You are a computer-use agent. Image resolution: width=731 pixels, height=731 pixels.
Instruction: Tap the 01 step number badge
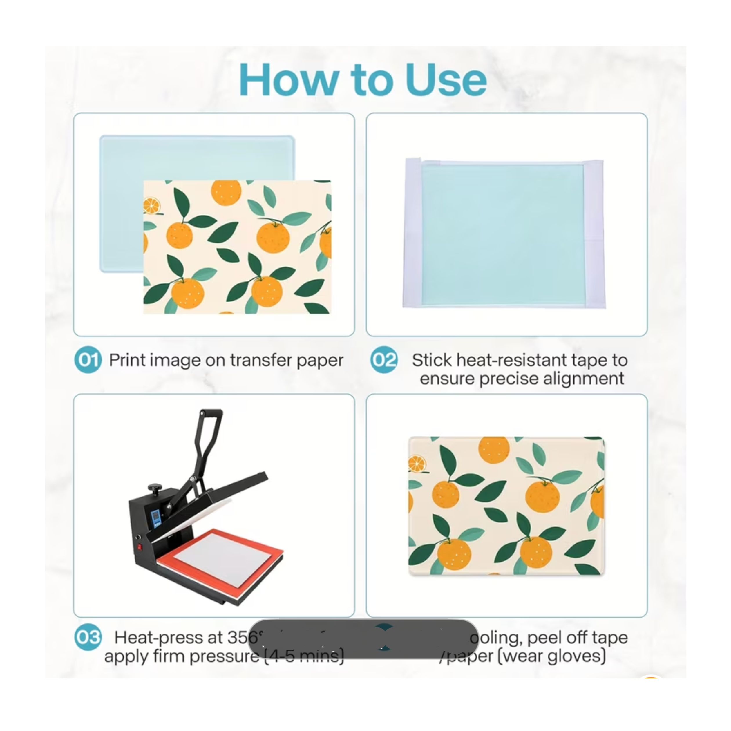pyautogui.click(x=88, y=359)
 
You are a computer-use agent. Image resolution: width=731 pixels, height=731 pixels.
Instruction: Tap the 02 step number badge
pyautogui.click(x=384, y=359)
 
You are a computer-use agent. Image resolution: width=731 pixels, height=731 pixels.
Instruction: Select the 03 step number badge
pyautogui.click(x=88, y=637)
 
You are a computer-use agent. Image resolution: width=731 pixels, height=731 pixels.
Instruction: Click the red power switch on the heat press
pyautogui.click(x=139, y=547)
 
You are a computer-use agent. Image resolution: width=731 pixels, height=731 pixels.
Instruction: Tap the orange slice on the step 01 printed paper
pyautogui.click(x=151, y=205)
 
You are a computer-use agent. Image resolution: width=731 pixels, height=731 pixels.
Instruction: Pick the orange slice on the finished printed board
pyautogui.click(x=417, y=464)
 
